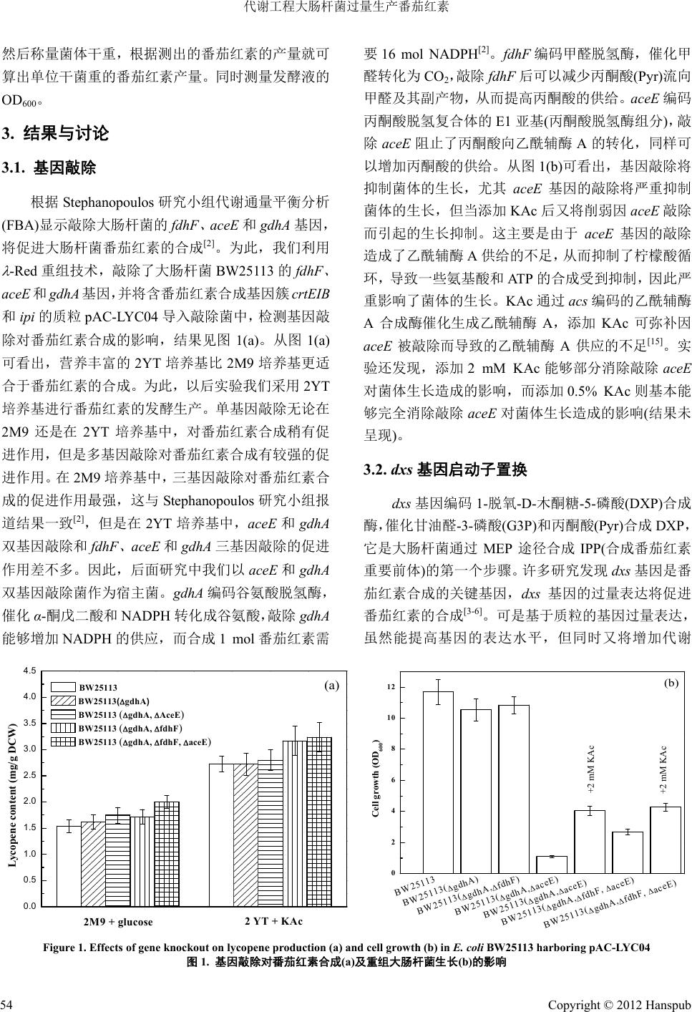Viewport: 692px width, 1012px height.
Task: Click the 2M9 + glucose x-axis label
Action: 118,921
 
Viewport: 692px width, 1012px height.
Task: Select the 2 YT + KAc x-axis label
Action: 273,920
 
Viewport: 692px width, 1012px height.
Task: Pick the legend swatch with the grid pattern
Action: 62,741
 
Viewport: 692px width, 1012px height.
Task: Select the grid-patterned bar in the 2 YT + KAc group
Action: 318,823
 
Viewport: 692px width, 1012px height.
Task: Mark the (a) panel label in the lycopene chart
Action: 331,685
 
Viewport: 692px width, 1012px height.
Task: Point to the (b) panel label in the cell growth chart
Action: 671,683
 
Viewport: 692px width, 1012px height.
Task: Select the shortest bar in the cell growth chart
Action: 550,865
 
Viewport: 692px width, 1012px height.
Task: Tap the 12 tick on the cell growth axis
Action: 391,688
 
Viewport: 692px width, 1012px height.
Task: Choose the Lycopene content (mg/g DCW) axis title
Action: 12,796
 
